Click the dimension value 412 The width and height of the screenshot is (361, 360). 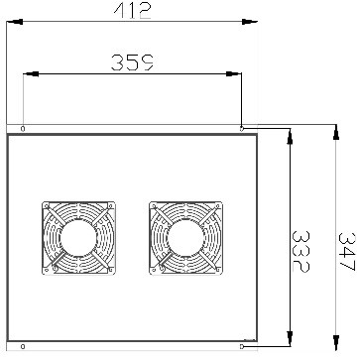click(x=132, y=11)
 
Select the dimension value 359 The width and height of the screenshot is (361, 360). click(x=132, y=62)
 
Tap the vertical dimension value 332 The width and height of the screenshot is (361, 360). click(x=301, y=251)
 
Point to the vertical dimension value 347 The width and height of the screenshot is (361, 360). click(x=347, y=252)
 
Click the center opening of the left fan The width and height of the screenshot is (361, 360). click(x=78, y=238)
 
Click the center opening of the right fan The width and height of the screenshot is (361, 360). click(x=185, y=238)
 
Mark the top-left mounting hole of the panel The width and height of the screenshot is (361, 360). click(x=23, y=129)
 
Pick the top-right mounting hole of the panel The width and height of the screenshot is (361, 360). click(x=242, y=129)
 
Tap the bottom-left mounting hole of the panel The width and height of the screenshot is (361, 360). click(x=23, y=346)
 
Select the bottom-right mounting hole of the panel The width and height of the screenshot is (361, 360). click(x=242, y=346)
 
